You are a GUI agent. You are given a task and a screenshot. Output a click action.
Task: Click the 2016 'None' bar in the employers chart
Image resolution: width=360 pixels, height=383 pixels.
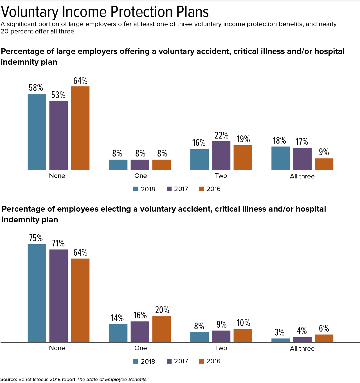[80, 128]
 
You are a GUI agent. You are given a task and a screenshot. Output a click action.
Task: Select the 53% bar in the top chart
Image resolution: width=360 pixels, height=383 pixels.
[58, 135]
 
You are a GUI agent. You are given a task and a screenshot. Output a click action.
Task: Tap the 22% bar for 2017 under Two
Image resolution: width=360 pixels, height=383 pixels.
[221, 156]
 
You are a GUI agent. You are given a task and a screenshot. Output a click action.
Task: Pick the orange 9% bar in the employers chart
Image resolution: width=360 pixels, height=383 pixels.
[324, 164]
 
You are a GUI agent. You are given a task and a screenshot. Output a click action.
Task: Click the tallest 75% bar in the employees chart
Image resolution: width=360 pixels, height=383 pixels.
[37, 293]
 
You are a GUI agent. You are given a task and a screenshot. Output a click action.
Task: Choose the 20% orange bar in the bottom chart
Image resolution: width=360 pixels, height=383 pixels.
[161, 329]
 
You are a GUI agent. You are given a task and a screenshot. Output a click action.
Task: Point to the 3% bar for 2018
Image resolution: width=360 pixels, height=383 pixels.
[281, 340]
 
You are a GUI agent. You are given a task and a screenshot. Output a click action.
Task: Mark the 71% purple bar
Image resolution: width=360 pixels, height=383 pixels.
[58, 296]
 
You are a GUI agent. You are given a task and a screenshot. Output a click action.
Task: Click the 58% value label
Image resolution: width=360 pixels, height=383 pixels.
[36, 88]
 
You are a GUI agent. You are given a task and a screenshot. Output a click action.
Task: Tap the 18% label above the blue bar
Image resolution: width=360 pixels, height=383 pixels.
[279, 140]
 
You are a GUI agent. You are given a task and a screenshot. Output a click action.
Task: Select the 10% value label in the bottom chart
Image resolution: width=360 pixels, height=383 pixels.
[243, 323]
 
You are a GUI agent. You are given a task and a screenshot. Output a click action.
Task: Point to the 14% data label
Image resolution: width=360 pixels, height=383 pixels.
[117, 318]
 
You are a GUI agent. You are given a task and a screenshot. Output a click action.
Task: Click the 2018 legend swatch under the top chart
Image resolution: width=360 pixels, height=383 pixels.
[136, 189]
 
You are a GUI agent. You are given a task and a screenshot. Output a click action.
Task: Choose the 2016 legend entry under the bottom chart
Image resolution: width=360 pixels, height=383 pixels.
[210, 361]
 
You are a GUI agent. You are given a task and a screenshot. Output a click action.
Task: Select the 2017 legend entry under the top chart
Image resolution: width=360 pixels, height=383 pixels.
[177, 189]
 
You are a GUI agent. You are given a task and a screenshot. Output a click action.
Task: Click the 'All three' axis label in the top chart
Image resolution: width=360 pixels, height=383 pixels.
[302, 176]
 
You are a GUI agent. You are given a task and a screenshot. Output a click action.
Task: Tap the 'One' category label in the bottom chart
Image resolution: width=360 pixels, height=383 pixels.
[141, 348]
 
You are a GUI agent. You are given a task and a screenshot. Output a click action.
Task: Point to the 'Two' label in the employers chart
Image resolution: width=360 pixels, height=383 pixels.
[221, 176]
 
